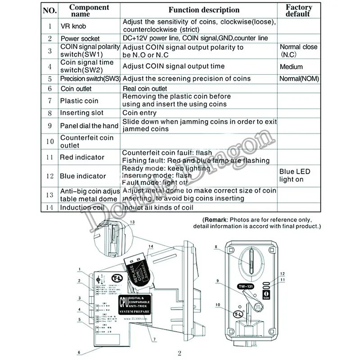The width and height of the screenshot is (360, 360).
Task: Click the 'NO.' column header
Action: [x=49, y=10]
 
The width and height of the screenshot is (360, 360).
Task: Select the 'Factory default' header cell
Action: [x=298, y=10]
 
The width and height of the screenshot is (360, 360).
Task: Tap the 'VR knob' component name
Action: [x=74, y=26]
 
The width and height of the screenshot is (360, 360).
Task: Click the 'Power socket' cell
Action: [x=80, y=39]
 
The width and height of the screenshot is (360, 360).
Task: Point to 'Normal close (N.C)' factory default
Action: [x=298, y=50]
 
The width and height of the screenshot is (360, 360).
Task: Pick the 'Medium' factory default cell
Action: [x=291, y=67]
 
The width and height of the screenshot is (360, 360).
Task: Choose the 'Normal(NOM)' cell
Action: [x=299, y=79]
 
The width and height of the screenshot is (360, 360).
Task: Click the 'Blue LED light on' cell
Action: [x=295, y=175]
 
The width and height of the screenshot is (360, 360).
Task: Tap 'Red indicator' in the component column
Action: [x=82, y=157]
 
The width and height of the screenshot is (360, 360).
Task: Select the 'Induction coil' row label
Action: [x=82, y=207]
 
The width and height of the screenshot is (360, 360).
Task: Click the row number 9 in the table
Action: [x=49, y=126]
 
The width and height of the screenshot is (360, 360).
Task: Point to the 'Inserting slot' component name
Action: [x=81, y=113]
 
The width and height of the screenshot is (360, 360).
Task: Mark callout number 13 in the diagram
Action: [x=132, y=222]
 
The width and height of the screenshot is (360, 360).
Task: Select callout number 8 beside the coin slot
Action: [x=216, y=246]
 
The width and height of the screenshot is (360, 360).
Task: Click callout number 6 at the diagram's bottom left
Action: [x=80, y=352]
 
